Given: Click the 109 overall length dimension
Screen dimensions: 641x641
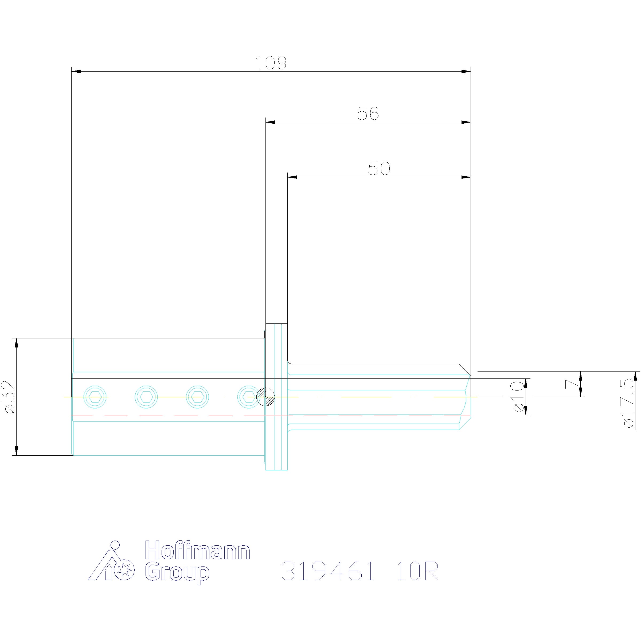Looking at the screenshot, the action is (x=271, y=63).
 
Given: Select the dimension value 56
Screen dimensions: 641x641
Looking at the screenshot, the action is (x=368, y=114).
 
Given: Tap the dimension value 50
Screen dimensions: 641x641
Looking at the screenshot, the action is (x=379, y=169).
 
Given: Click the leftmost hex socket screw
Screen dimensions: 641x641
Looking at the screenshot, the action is (x=96, y=397).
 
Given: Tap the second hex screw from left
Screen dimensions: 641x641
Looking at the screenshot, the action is (x=146, y=397).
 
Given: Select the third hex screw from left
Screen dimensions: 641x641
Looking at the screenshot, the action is (x=197, y=397).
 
